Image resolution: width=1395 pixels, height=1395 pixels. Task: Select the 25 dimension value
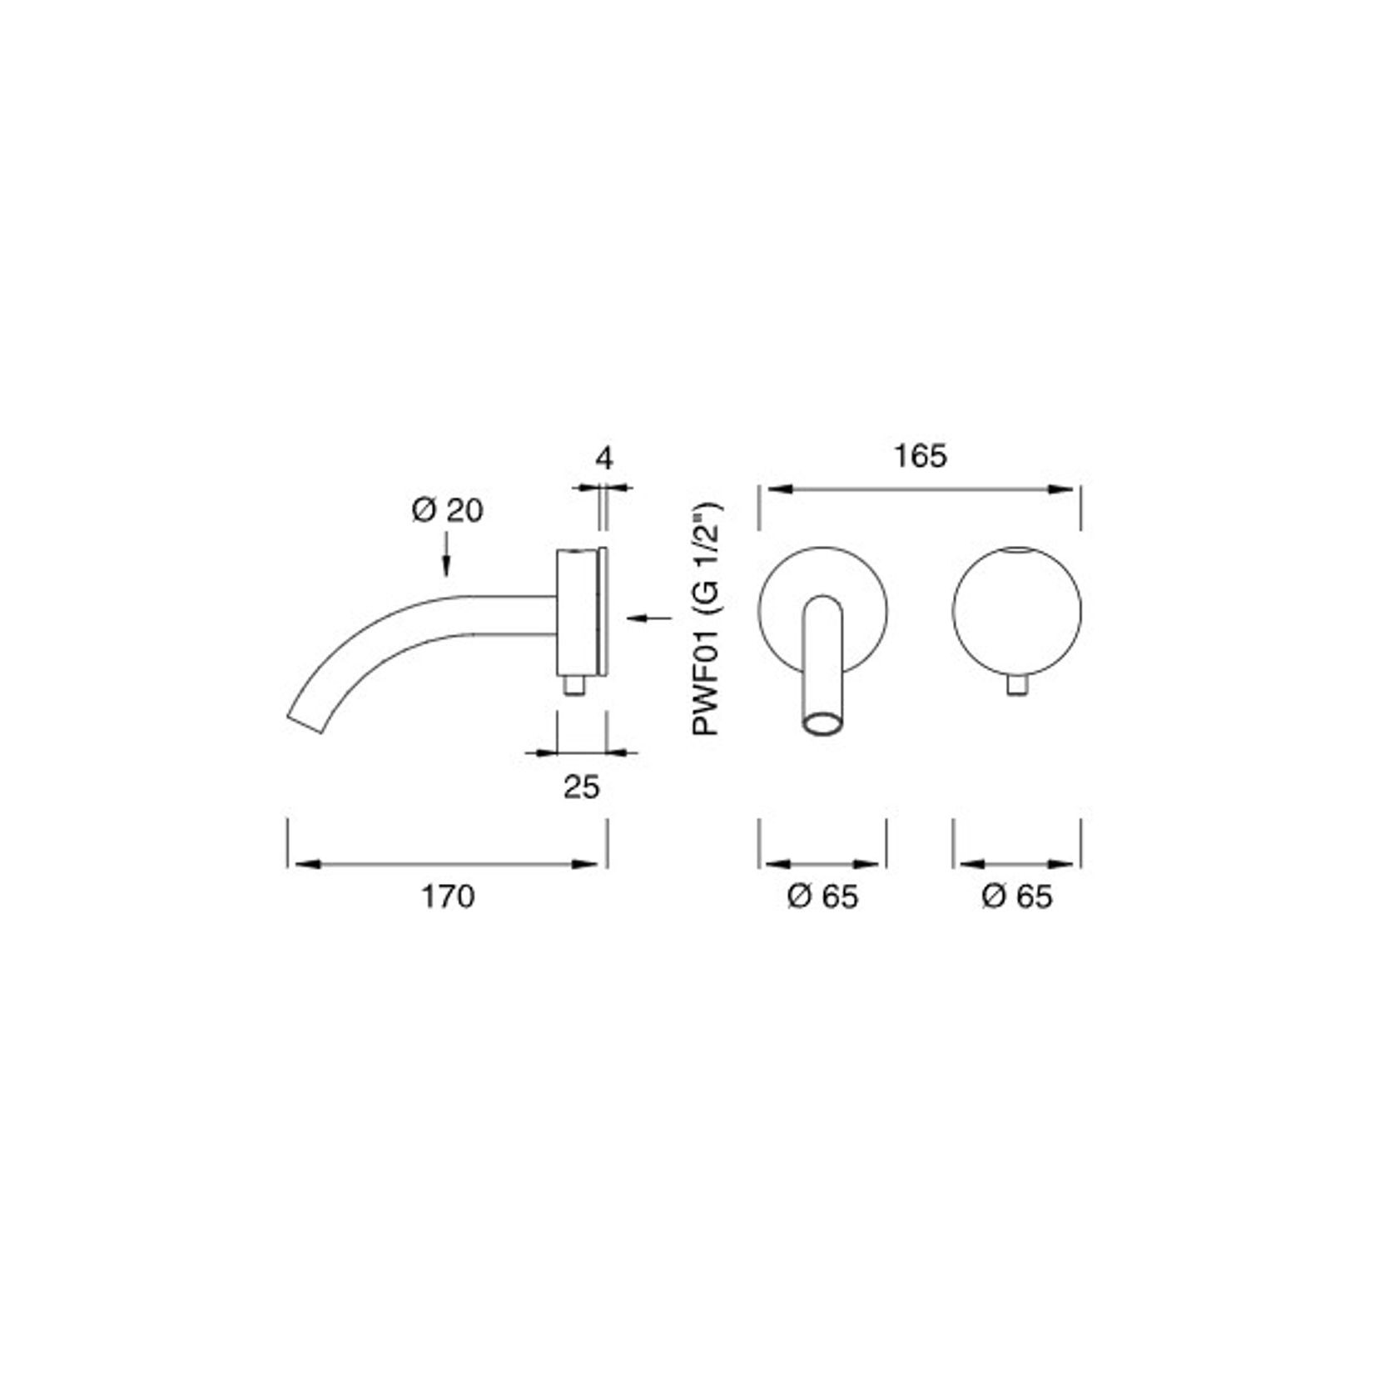point(582,786)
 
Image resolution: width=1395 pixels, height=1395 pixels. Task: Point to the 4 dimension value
point(605,458)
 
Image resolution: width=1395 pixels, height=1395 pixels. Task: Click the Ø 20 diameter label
point(447,510)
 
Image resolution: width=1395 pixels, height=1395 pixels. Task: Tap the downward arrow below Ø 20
point(447,554)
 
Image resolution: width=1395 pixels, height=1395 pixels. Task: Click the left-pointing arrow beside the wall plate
point(649,617)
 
